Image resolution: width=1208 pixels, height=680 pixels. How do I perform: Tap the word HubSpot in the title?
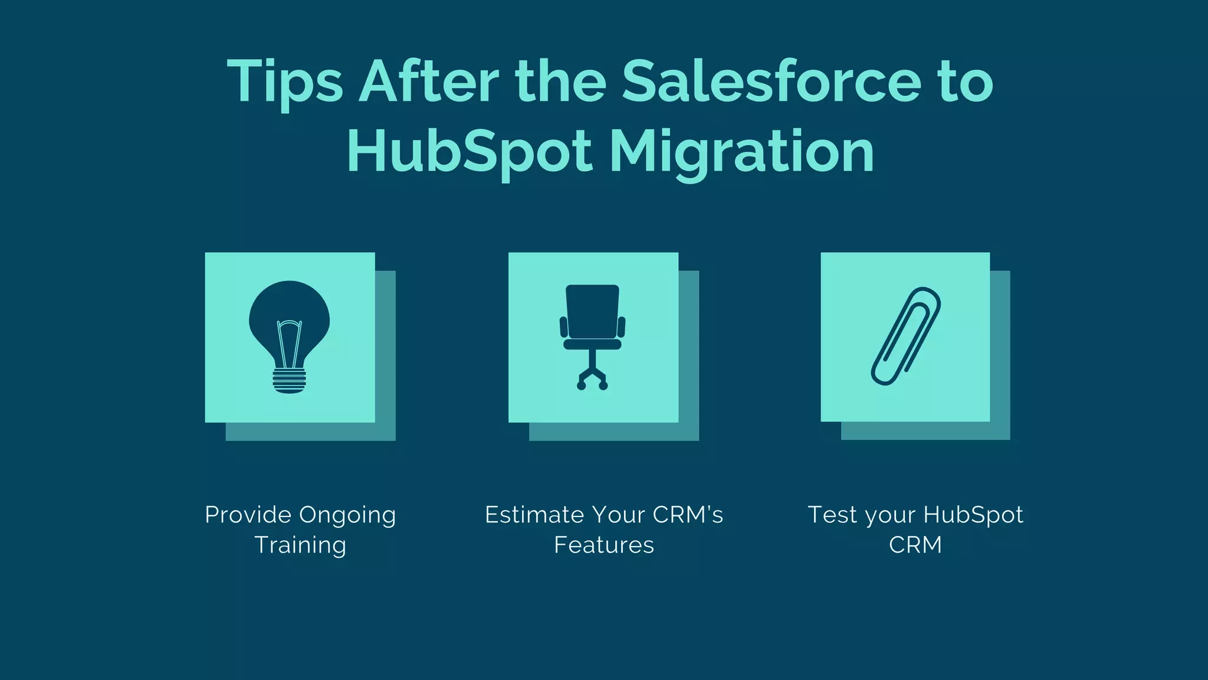469,152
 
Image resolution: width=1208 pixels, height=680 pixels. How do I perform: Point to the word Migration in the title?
741,152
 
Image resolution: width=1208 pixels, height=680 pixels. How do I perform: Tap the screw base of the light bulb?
289,380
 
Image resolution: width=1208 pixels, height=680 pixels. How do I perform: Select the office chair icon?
592,337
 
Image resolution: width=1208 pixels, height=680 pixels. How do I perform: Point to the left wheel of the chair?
581,386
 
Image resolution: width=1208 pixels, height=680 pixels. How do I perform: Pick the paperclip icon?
905,336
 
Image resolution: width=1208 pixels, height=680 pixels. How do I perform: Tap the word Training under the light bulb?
300,545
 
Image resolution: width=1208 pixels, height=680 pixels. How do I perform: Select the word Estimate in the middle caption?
534,515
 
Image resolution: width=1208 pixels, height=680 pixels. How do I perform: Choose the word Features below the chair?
604,545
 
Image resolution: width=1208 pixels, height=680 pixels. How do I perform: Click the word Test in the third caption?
832,515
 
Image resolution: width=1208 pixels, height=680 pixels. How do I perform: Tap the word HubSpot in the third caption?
973,515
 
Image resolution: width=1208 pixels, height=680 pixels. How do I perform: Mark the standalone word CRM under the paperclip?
915,545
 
